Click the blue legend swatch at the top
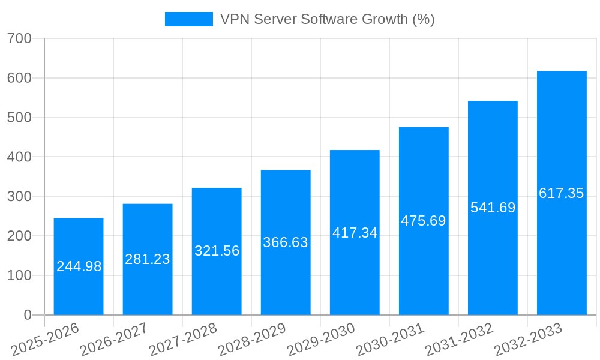188,19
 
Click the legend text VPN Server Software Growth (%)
327,19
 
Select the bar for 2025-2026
79,266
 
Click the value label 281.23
148,259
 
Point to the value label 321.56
217,251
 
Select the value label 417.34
355,233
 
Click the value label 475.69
424,221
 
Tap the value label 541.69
493,208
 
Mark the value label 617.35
562,193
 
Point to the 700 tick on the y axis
19,38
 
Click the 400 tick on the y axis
19,157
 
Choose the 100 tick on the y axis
19,275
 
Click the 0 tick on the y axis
27,315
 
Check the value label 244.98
79,266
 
